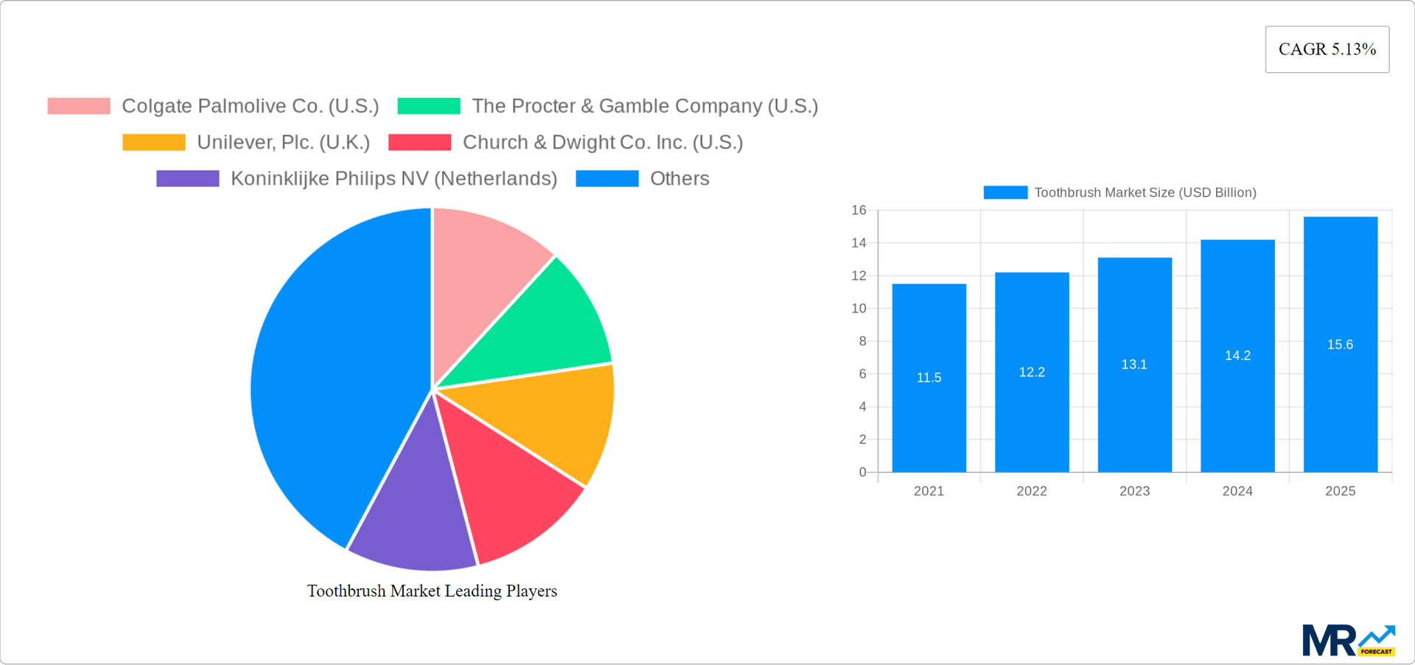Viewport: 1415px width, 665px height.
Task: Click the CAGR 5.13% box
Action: [1327, 49]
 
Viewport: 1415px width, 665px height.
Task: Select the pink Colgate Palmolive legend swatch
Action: [79, 106]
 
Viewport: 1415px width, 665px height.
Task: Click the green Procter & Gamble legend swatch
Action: [428, 106]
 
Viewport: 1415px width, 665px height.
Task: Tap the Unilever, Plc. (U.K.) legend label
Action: [283, 142]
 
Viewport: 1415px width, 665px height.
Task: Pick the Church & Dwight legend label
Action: [602, 142]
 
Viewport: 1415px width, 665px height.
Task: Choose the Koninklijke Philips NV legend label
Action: [394, 178]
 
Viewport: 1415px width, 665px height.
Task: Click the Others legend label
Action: [679, 178]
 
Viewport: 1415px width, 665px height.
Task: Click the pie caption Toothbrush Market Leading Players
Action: [432, 591]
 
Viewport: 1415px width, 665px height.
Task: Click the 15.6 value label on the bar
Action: [1340, 345]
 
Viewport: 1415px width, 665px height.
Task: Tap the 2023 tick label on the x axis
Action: [1134, 491]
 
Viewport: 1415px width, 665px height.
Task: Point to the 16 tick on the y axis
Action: [859, 211]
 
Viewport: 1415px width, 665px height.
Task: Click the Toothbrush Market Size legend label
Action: [1145, 192]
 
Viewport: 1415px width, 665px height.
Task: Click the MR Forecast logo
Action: [1348, 640]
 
